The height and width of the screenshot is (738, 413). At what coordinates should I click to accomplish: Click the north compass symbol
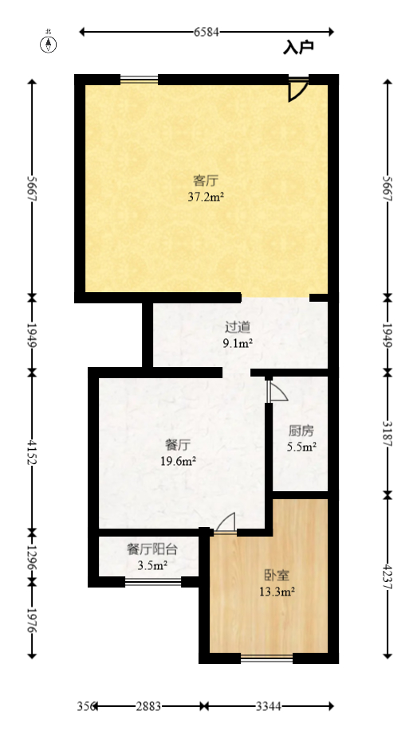coord(49,43)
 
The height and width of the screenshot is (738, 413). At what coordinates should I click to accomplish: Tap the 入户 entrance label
coord(298,48)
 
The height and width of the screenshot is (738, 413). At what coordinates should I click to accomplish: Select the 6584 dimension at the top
coord(206,32)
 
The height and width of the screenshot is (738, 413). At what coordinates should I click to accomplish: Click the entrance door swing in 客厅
coord(297,90)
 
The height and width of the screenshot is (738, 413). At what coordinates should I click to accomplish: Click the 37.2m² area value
coord(206,195)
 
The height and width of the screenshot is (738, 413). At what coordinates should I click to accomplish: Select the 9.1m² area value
coord(238,343)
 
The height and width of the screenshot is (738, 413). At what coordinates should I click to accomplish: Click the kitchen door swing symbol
coord(277,392)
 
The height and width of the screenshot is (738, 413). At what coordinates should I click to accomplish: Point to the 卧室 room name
coord(277,575)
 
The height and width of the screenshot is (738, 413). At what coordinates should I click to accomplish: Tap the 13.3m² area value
coord(277,591)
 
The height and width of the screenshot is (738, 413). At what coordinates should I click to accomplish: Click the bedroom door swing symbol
coord(226,523)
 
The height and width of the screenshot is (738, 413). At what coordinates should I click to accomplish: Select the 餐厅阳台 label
coord(151,549)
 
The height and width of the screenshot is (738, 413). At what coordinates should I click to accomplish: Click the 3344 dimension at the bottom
coord(269,706)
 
